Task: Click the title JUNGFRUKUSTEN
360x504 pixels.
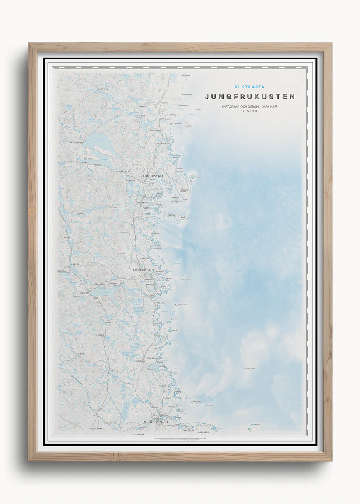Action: coord(249,97)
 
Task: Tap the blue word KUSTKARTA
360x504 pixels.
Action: coord(249,87)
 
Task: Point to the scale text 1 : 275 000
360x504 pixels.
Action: coord(249,111)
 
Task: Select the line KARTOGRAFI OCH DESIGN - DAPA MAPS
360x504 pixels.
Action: coord(249,107)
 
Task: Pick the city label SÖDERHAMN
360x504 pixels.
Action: coord(147,270)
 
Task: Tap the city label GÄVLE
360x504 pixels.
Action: coord(156,422)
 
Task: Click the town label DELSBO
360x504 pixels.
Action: coord(87,158)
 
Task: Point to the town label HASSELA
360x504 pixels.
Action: coord(104,89)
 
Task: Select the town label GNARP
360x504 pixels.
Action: coord(165,101)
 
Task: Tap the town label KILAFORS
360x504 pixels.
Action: coord(84,292)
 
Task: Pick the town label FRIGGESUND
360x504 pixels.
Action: coord(76,142)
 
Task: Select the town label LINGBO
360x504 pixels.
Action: coord(101,335)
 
